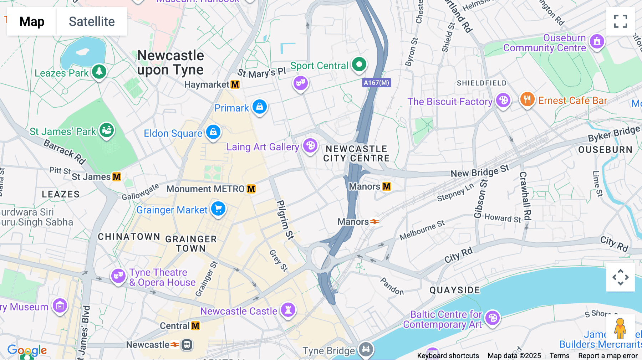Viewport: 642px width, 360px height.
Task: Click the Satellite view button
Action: pyautogui.click(x=92, y=21)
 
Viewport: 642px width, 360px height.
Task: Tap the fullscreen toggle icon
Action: pyautogui.click(x=620, y=21)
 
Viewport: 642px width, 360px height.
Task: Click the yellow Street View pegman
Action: pyautogui.click(x=620, y=329)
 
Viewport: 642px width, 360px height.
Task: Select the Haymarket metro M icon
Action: pyautogui.click(x=235, y=84)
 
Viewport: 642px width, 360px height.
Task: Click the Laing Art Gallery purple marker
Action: pyautogui.click(x=310, y=145)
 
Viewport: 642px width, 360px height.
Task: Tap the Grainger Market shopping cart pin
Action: pyautogui.click(x=218, y=209)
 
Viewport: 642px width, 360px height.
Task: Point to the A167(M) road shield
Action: pyautogui.click(x=377, y=83)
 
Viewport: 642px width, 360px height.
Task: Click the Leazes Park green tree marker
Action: pyautogui.click(x=99, y=71)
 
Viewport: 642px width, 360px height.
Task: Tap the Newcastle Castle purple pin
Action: pyautogui.click(x=288, y=309)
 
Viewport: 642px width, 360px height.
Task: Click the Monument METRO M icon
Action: pyautogui.click(x=251, y=189)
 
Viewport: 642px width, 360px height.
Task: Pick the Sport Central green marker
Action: pyautogui.click(x=359, y=65)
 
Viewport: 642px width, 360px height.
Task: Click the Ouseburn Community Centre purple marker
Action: pyautogui.click(x=597, y=41)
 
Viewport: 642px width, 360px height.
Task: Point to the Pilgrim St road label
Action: pyautogui.click(x=285, y=219)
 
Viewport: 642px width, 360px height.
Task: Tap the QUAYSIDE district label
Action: pyautogui.click(x=455, y=290)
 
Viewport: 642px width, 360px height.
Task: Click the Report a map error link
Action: pyautogui.click(x=608, y=356)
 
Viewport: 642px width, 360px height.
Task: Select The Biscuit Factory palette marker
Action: pyautogui.click(x=503, y=101)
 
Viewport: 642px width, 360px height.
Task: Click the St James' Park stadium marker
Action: pyautogui.click(x=106, y=130)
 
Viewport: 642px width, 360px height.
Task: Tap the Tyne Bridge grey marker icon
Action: pyautogui.click(x=366, y=349)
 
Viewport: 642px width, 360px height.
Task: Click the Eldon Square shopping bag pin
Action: pyautogui.click(x=213, y=132)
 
